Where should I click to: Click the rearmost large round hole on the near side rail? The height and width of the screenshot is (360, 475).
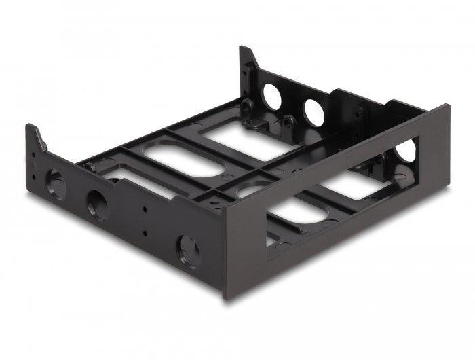click(55, 184)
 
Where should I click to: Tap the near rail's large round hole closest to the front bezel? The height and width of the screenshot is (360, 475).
click(187, 251)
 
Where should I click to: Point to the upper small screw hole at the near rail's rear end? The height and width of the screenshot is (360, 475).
click(33, 154)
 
